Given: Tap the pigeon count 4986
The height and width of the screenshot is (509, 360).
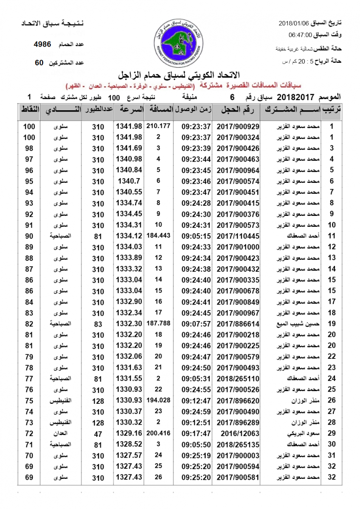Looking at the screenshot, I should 42,44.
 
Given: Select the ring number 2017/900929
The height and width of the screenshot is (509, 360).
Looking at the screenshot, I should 238,126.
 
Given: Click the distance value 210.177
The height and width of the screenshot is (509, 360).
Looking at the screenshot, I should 158,126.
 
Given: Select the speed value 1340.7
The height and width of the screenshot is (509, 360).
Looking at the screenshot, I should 128,181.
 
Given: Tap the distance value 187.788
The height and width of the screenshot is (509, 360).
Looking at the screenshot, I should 158,324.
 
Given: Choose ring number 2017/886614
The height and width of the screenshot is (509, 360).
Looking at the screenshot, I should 238,324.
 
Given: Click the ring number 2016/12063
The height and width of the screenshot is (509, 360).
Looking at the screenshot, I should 238,433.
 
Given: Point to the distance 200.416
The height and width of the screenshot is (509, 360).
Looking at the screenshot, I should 158,433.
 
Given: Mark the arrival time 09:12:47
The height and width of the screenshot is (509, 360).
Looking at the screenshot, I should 196,401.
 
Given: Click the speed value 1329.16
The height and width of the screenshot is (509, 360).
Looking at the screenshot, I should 128,433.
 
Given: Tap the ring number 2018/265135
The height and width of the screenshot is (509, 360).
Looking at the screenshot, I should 238,445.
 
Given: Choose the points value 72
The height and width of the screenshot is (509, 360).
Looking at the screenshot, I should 29,433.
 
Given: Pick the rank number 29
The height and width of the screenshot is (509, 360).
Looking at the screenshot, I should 332,433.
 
